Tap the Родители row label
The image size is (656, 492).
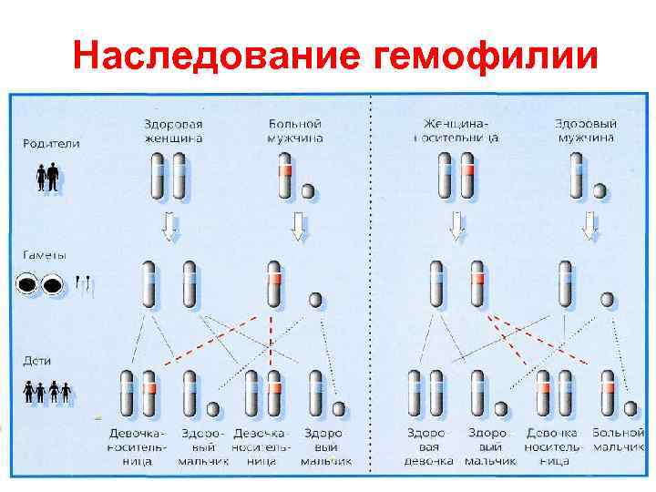52,143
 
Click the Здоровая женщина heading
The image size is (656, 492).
173,131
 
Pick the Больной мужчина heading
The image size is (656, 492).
296,131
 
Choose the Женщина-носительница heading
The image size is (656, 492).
460,131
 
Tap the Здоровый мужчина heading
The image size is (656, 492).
586,131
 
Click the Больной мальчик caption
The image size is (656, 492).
619,439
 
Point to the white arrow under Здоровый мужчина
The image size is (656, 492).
591,225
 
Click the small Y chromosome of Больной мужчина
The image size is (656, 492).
308,190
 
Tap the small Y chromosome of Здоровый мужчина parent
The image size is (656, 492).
600,190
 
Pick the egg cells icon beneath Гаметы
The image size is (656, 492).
40,286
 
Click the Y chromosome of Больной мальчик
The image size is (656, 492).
629,408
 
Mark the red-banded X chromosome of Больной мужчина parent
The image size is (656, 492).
285,175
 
